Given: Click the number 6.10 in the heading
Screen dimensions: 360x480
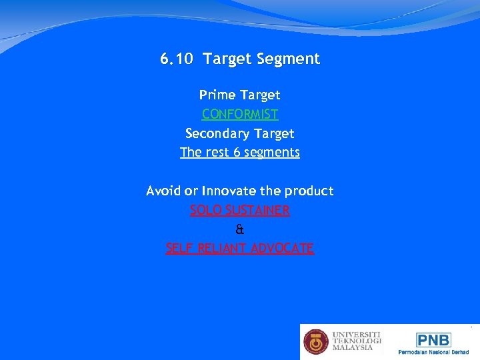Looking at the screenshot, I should point(177,59).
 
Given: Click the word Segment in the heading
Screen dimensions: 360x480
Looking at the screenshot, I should point(291,59).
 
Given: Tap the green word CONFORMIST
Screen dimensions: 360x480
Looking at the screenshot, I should point(240,114).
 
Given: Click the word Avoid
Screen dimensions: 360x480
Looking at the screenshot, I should point(162,191).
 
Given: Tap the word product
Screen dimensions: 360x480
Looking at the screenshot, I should point(309,191).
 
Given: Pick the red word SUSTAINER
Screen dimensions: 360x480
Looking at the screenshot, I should point(257,211).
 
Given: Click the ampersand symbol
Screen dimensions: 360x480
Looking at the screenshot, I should point(240,229).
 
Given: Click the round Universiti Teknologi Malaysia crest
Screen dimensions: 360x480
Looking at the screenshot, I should point(316,342).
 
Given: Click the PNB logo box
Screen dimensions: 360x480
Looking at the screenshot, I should point(433,339).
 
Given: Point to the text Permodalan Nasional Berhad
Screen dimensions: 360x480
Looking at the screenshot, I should point(433,352).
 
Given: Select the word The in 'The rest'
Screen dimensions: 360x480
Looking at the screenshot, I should point(191,152).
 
